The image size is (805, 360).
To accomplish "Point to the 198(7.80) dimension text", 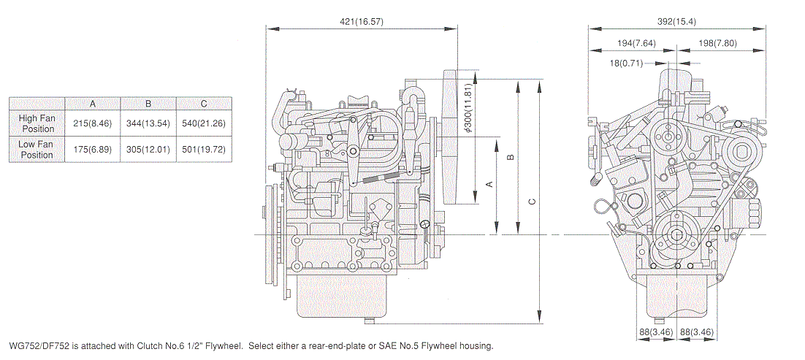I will click(717, 43).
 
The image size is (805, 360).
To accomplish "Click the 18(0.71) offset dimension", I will click(626, 64).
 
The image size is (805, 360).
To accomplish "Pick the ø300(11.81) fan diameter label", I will click(468, 110).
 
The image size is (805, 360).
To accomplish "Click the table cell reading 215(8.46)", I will click(93, 123).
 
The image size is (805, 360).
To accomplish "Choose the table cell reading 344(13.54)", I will click(148, 123).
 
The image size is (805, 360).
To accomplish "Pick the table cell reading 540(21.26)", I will click(203, 123).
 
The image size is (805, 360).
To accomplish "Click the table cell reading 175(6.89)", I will click(93, 150).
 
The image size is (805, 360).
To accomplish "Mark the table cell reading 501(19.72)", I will click(203, 150).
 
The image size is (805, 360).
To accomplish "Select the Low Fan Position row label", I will click(37, 150).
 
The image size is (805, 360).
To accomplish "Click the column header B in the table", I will click(148, 103).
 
